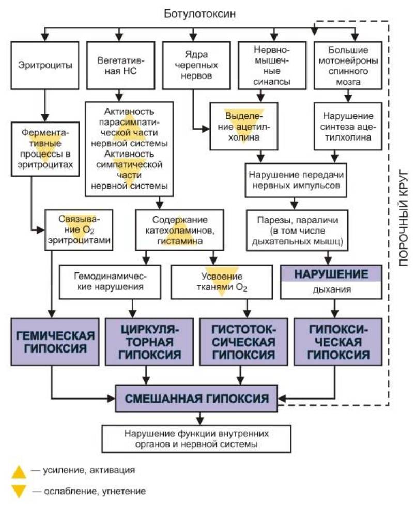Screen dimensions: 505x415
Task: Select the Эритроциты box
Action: [x=45, y=66]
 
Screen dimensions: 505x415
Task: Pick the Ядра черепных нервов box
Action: [x=193, y=66]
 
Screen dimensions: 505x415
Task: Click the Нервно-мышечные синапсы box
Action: [x=272, y=66]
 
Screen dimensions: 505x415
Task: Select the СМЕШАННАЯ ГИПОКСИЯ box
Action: [x=199, y=399]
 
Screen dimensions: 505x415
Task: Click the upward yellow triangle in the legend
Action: [x=19, y=471]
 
